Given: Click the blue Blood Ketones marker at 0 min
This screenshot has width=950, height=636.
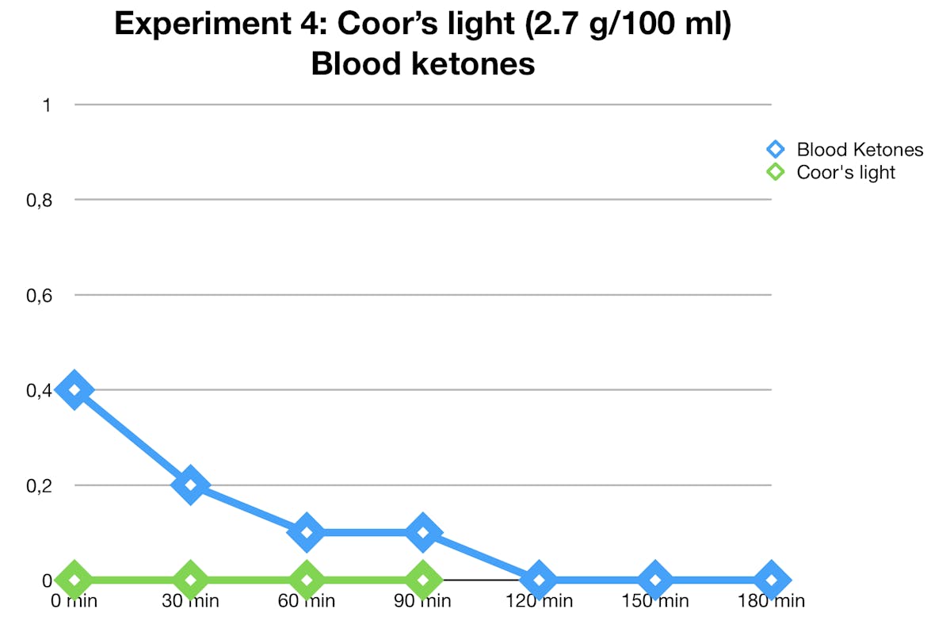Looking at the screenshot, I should coord(74,390).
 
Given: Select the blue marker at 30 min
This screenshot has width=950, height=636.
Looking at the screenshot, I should coord(190,485).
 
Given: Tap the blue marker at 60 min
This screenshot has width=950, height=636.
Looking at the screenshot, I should coord(307,532).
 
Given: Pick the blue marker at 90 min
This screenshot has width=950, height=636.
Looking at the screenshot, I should coord(423,532).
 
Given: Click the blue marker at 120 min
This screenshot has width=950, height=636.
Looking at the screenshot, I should coord(540,580).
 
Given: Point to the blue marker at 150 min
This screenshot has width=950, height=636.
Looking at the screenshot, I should coord(655,580).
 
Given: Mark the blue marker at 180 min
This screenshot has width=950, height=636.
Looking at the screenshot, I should coord(771,580).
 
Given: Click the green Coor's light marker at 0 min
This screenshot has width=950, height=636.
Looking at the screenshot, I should coord(74,580).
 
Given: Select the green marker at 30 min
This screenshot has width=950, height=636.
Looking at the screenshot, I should coord(190,580).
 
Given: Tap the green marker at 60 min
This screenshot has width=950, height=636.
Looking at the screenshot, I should coord(307,580).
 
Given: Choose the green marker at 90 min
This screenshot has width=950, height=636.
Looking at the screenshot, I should coord(423,580).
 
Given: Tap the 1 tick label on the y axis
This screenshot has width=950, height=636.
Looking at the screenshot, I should coord(46,105).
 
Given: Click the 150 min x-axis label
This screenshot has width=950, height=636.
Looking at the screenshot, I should coord(655,600).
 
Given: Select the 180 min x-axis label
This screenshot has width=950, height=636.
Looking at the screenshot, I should coord(771,600).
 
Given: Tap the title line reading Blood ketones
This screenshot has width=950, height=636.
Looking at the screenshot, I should coord(422,63).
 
